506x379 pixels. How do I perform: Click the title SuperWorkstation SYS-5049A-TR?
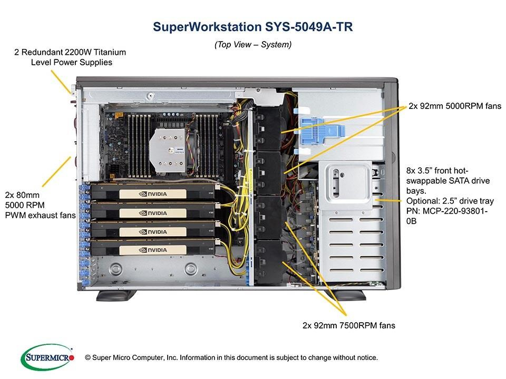(x=252, y=27)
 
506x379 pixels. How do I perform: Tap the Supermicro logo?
(x=47, y=357)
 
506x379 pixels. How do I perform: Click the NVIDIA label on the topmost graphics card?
(x=153, y=194)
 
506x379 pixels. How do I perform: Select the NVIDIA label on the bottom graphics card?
(x=153, y=250)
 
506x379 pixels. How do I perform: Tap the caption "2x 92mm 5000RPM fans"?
(x=455, y=106)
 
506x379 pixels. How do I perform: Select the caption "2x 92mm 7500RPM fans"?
(x=349, y=325)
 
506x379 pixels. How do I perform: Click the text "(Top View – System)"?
(x=253, y=44)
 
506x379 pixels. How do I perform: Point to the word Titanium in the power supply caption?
(x=110, y=52)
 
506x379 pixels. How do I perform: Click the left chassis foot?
(x=116, y=295)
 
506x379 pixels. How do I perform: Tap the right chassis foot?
(x=346, y=295)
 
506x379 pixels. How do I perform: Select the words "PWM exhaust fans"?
(x=41, y=215)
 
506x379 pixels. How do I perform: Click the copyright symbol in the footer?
(x=87, y=357)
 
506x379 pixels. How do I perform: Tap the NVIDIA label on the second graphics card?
(x=153, y=213)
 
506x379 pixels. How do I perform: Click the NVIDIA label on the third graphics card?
(x=153, y=232)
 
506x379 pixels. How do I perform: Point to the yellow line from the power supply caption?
(x=61, y=82)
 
